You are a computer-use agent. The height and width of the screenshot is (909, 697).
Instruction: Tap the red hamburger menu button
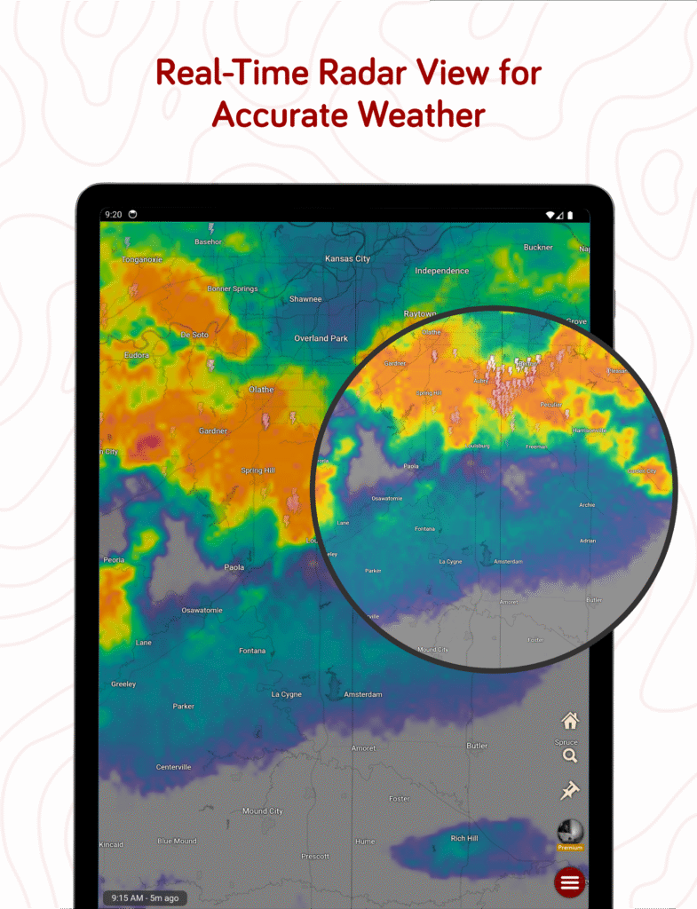click(569, 882)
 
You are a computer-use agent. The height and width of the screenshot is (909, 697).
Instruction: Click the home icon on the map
click(570, 721)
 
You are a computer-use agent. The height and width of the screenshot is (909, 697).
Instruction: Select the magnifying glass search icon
click(570, 756)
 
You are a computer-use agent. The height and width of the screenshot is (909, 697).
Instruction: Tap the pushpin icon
click(569, 790)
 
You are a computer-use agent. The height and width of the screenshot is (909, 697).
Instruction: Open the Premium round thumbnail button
click(569, 833)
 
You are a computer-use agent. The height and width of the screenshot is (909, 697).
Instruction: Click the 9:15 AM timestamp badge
click(146, 897)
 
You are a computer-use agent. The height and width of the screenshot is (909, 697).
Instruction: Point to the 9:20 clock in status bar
click(113, 215)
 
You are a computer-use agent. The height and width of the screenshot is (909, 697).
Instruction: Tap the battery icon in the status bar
click(570, 215)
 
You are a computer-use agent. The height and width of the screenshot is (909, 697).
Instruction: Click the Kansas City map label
click(347, 258)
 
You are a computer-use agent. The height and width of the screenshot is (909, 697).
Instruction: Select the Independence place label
click(441, 271)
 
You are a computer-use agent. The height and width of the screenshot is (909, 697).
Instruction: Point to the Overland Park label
click(321, 338)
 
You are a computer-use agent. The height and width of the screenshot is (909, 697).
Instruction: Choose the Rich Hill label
click(463, 838)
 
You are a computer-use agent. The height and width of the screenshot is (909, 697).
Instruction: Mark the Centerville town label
click(173, 767)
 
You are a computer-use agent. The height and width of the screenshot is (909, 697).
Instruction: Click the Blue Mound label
click(177, 841)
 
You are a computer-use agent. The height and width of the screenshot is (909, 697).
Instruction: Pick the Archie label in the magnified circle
click(587, 505)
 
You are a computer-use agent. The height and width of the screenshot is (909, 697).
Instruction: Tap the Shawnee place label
click(305, 299)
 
